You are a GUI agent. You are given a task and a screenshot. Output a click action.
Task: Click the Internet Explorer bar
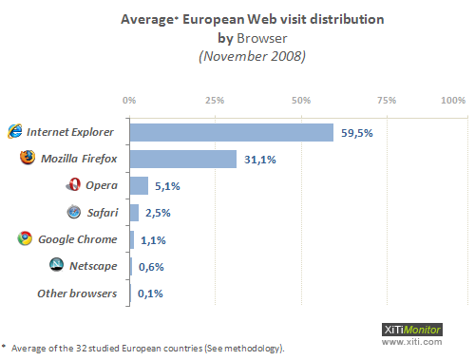pyautogui.click(x=231, y=132)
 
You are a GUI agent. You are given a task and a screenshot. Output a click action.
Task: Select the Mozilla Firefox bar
pyautogui.click(x=182, y=159)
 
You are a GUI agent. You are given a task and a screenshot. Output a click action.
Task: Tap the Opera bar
pyautogui.click(x=139, y=185)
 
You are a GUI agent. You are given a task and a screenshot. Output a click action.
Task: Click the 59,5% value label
pyautogui.click(x=357, y=133)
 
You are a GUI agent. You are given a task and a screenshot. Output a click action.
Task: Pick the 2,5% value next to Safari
pyautogui.click(x=158, y=213)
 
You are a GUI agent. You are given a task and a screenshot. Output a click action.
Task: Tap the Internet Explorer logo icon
pyautogui.click(x=14, y=131)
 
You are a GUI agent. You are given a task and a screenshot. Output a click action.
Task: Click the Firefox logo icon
pyautogui.click(x=27, y=158)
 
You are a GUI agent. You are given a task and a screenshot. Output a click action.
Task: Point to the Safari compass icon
pyautogui.click(x=73, y=212)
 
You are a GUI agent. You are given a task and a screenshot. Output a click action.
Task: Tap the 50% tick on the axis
pyautogui.click(x=301, y=99)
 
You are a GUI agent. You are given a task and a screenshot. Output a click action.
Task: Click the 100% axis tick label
pyautogui.click(x=453, y=99)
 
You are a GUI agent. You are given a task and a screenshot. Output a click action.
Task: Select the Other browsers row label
pyautogui.click(x=77, y=294)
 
